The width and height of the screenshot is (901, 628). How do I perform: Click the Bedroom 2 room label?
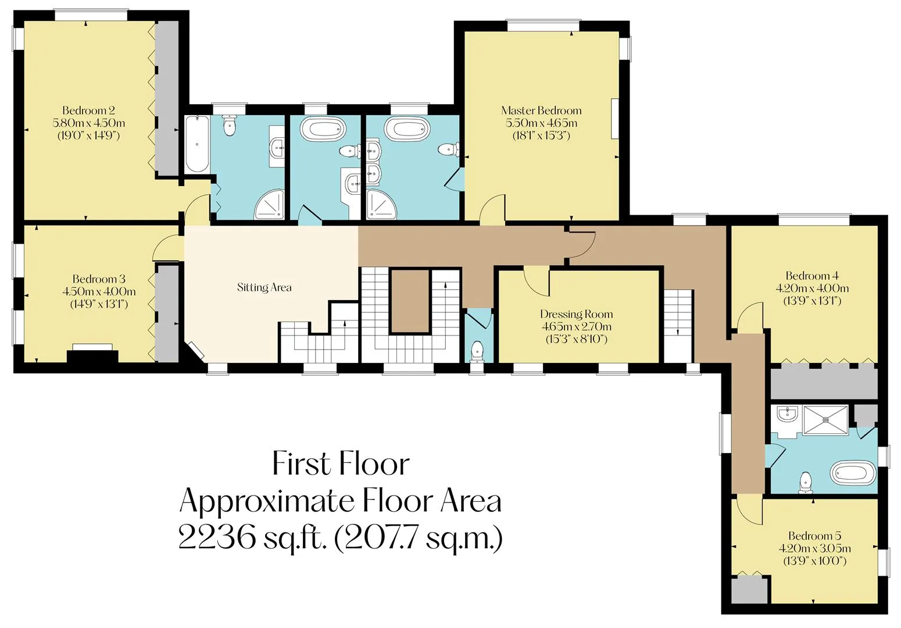click(x=88, y=110)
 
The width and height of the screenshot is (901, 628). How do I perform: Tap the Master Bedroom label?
click(x=541, y=110)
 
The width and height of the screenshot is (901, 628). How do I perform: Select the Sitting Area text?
click(x=264, y=287)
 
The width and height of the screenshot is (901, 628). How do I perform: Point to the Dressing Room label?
click(x=576, y=314)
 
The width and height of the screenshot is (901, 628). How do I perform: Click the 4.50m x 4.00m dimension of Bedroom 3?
click(x=99, y=291)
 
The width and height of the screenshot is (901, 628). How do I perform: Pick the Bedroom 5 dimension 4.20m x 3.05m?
click(x=814, y=548)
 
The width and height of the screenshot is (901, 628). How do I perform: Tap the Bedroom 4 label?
click(x=812, y=276)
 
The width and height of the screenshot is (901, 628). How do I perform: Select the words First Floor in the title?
click(x=341, y=463)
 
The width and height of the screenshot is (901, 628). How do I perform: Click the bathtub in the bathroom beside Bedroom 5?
click(x=853, y=472)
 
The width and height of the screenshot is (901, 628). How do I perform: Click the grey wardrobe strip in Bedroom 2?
click(x=167, y=99)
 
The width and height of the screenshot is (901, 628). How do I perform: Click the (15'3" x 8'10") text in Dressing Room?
click(x=576, y=339)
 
